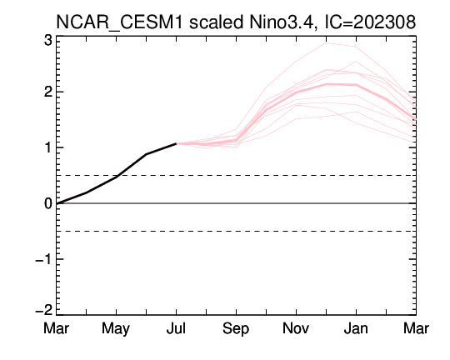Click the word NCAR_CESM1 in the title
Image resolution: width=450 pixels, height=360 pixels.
point(119,22)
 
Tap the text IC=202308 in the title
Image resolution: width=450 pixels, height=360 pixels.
point(370,22)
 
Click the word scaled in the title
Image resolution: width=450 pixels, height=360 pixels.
point(216,22)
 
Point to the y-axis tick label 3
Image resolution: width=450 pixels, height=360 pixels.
point(48,41)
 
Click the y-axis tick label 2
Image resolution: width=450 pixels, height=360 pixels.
point(48,92)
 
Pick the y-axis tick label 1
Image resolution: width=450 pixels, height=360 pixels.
point(48,147)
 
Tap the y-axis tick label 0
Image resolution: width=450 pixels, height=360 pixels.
point(48,203)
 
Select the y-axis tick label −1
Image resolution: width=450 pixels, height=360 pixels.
point(43,259)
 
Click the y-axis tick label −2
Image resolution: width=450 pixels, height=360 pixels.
point(43,310)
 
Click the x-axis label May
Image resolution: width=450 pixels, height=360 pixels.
point(116,329)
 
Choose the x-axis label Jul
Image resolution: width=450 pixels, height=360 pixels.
point(176,328)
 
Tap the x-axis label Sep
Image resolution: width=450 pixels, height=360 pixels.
point(236,329)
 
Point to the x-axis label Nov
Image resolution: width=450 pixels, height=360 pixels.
point(296,328)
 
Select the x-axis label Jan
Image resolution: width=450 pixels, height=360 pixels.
point(356,328)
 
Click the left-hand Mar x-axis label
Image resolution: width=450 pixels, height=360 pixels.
point(57,328)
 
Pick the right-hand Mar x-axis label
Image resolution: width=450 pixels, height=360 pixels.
point(416,328)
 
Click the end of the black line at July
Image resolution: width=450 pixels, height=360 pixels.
point(176,143)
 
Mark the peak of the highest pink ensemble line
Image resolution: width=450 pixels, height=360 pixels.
point(327,42)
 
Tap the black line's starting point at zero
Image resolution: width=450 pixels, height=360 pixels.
point(57,203)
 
